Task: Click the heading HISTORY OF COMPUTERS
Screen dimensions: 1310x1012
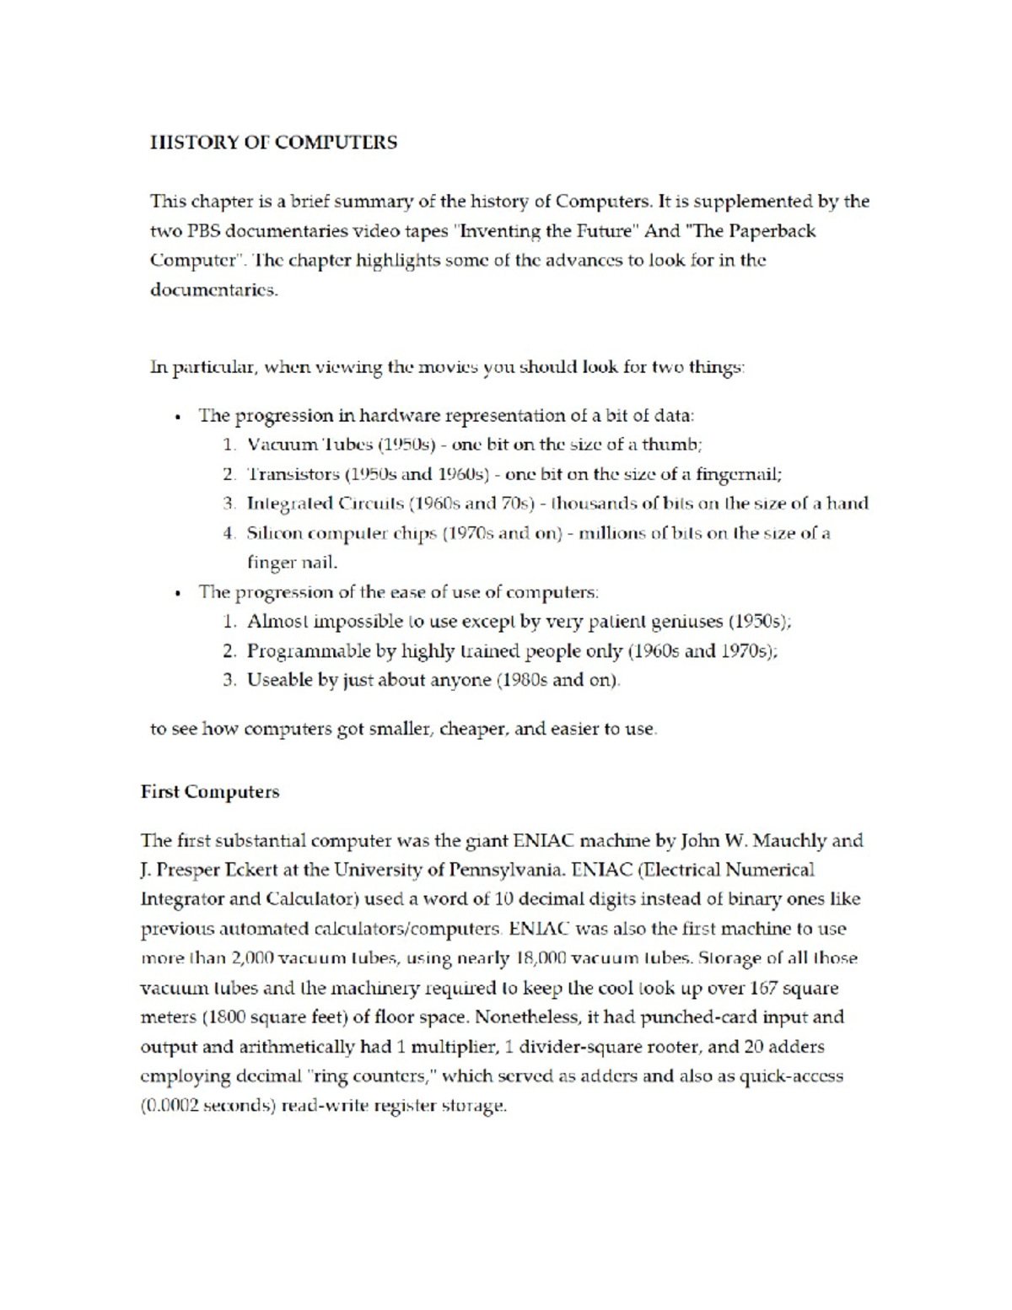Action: (273, 143)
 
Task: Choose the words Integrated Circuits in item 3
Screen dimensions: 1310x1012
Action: (325, 504)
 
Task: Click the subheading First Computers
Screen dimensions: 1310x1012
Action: (210, 792)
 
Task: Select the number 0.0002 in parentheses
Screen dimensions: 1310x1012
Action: (172, 1106)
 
